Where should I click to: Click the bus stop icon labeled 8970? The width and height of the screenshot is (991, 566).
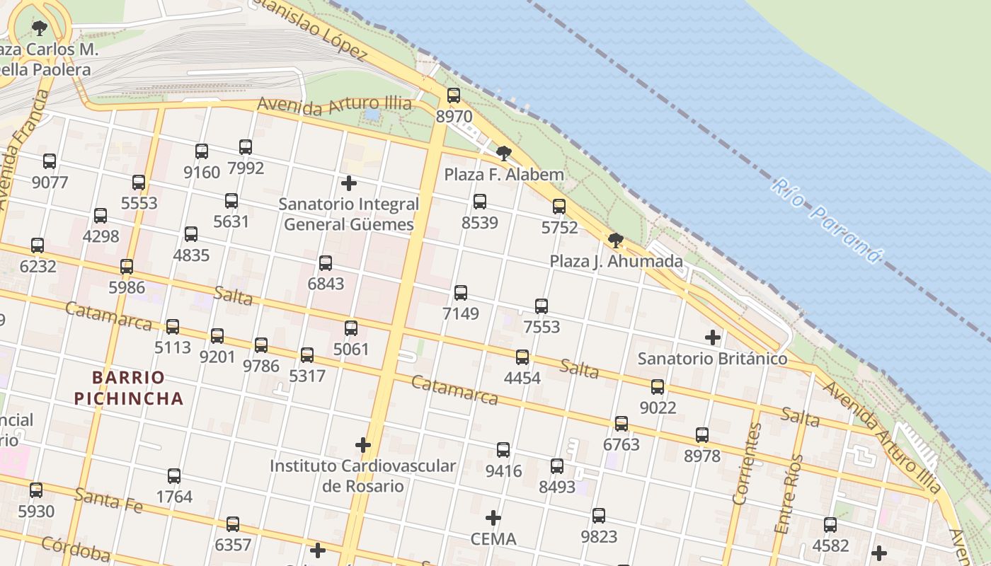pyautogui.click(x=454, y=96)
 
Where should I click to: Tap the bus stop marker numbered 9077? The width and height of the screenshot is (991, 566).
pyautogui.click(x=50, y=161)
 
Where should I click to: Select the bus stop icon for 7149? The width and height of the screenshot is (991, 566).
pyautogui.click(x=461, y=292)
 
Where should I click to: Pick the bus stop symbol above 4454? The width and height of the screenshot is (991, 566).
pyautogui.click(x=522, y=357)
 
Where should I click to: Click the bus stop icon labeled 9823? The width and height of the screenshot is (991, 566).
pyautogui.click(x=599, y=516)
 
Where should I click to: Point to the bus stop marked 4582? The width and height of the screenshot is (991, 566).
pyautogui.click(x=830, y=525)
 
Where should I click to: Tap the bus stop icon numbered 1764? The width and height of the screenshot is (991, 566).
pyautogui.click(x=174, y=476)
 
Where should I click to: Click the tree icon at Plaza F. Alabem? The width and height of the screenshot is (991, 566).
pyautogui.click(x=503, y=153)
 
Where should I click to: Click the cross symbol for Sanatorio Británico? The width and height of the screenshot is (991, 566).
pyautogui.click(x=713, y=337)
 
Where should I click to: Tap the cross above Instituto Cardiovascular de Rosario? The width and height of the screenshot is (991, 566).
pyautogui.click(x=363, y=445)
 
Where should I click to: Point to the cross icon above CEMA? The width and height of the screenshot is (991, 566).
pyautogui.click(x=493, y=518)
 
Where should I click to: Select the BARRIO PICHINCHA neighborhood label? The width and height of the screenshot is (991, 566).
pyautogui.click(x=129, y=388)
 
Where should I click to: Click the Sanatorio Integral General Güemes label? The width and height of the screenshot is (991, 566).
pyautogui.click(x=348, y=214)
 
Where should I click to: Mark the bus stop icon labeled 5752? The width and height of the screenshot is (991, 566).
pyautogui.click(x=559, y=207)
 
